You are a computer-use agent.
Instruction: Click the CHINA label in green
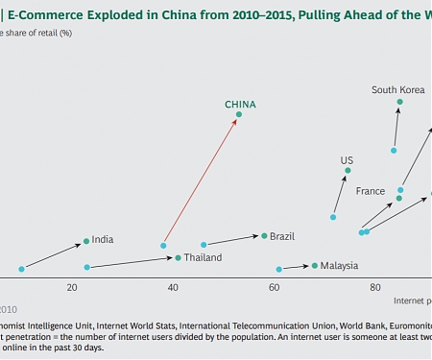tap(240, 105)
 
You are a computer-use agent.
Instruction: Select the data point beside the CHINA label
tap(239, 115)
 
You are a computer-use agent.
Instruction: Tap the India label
tap(103, 239)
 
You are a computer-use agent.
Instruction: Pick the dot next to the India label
tap(86, 241)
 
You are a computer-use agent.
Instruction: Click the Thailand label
tap(203, 257)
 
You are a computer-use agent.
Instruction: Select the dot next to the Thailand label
tap(178, 257)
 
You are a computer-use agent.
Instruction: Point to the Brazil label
tap(282, 235)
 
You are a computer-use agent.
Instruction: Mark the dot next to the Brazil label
tap(264, 235)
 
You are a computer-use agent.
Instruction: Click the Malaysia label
tap(340, 265)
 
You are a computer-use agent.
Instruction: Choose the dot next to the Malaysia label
tap(314, 265)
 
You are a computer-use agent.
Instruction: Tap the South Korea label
tap(398, 90)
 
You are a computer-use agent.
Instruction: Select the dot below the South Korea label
tap(398, 102)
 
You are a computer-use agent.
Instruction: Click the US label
tap(347, 159)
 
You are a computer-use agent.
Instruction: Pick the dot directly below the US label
tap(348, 171)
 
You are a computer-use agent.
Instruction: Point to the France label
tap(371, 191)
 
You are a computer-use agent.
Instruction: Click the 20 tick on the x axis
tap(71, 287)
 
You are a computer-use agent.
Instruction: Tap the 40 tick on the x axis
tap(173, 287)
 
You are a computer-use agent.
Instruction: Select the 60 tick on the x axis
tap(275, 287)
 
